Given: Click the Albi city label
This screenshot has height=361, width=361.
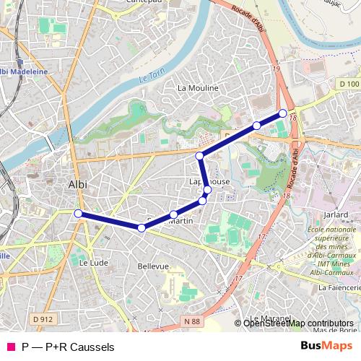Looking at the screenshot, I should pos(77,184).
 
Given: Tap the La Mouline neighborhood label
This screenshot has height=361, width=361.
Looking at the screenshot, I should pos(198,88).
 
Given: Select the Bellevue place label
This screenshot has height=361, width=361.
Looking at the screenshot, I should pos(152,266).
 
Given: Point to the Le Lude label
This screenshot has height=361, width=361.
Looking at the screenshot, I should pos(93,263).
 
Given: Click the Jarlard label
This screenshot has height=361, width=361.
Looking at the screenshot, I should pos(336,215).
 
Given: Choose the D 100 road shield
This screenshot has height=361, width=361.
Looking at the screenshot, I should pos(348,84).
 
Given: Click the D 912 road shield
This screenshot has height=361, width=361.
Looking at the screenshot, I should pos(43,318).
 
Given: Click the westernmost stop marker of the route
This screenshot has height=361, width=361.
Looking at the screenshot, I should pos(78,213).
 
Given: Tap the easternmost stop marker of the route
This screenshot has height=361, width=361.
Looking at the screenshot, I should pos(282,113).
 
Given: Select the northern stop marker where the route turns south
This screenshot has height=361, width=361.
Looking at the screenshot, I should pos(199,155).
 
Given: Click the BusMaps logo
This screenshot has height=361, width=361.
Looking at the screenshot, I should pos(326,347).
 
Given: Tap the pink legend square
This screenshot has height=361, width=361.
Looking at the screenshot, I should pos(10,347).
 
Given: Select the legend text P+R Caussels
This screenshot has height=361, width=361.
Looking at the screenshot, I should pos(79,347).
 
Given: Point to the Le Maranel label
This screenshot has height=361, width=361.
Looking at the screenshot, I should pos(269,318).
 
